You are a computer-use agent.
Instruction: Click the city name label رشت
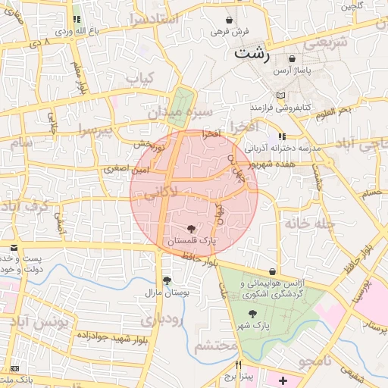pos(252,53)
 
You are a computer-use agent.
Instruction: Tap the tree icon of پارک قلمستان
pos(190,228)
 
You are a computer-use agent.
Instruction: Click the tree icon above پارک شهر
pos(252,314)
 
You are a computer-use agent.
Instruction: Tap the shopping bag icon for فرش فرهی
pos(230,20)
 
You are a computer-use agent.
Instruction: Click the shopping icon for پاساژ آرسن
pos(293,58)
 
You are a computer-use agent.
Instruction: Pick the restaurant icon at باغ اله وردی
pos(77,20)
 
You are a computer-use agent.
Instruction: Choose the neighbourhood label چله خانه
pos(310,223)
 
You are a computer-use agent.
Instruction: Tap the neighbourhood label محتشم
pos(216,346)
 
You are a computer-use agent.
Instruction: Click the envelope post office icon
pos(14,248)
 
